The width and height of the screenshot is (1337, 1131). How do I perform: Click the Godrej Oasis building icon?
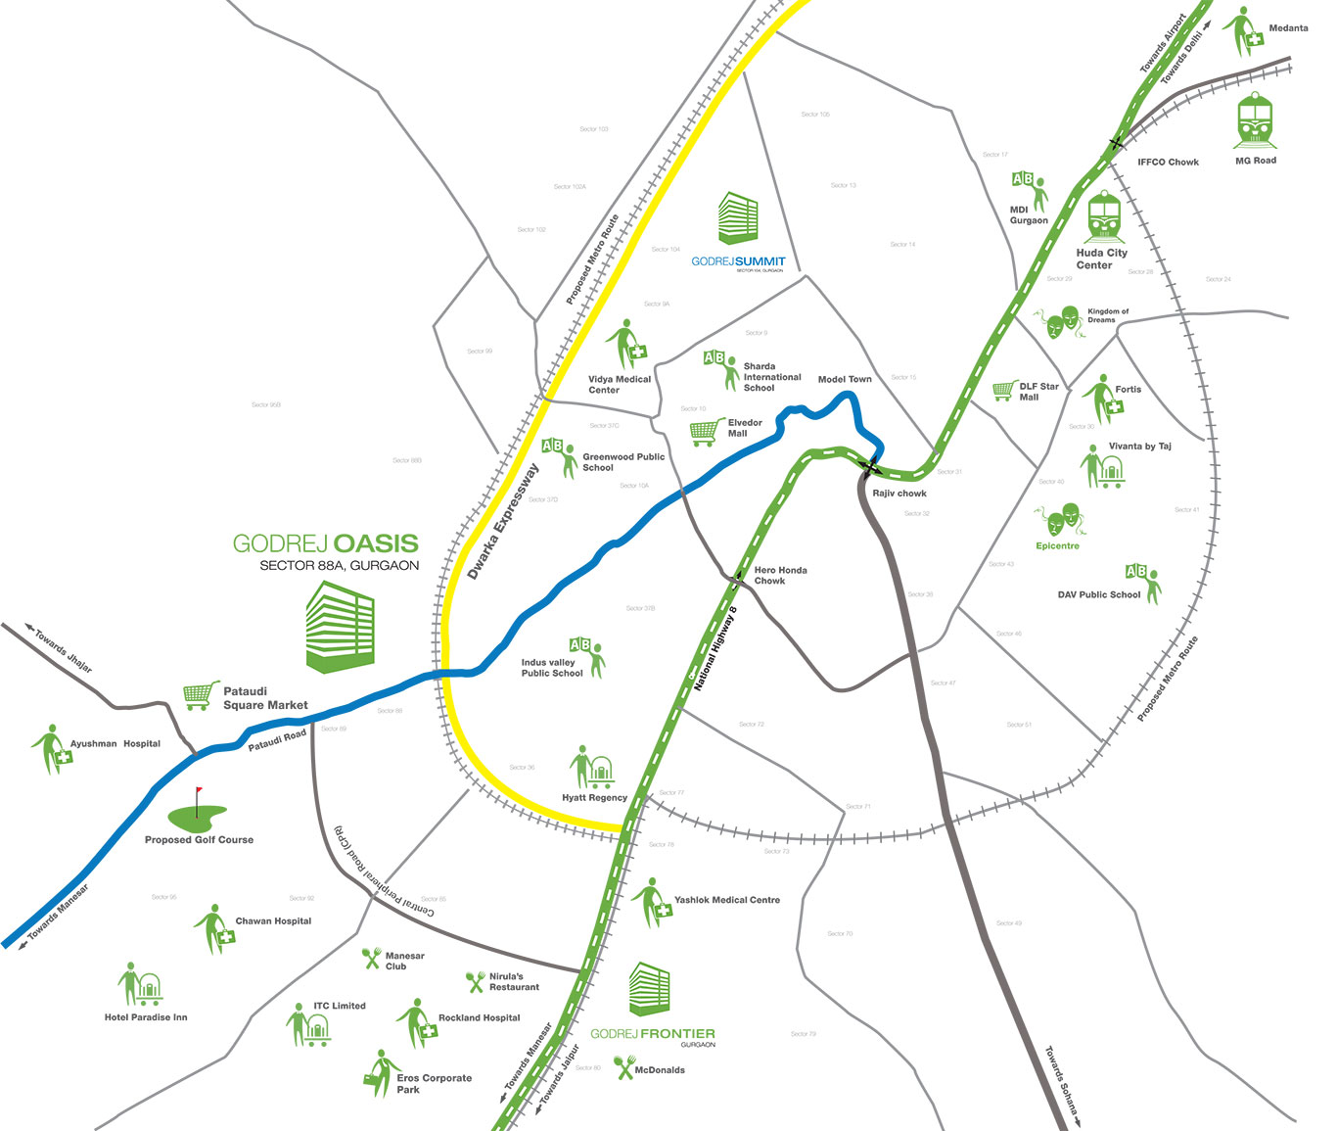[x=340, y=627]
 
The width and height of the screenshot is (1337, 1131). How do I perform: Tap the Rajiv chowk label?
[x=899, y=494]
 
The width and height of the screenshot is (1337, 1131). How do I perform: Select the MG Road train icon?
[x=1256, y=121]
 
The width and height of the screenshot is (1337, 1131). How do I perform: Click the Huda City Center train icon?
[x=1104, y=217]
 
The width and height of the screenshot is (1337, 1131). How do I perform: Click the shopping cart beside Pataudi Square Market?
[x=201, y=695]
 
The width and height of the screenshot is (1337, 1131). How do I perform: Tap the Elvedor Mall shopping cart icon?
[x=708, y=431]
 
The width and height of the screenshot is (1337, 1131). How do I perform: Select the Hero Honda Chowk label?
[x=780, y=576]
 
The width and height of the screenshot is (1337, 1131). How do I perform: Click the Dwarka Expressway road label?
[x=503, y=521]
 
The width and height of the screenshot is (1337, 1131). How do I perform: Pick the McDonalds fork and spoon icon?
[x=624, y=1067]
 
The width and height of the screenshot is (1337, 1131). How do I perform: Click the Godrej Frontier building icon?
[x=650, y=989]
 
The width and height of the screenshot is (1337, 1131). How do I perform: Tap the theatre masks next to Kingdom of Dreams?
[x=1059, y=322]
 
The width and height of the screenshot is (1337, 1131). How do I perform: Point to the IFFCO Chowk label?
[x=1168, y=163]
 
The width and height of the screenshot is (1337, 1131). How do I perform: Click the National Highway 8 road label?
[x=715, y=649]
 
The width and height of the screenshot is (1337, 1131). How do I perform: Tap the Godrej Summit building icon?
[x=738, y=218]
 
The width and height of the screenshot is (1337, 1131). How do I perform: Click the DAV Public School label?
[x=1099, y=594]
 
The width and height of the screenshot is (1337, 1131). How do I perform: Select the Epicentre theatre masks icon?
[x=1057, y=520]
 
